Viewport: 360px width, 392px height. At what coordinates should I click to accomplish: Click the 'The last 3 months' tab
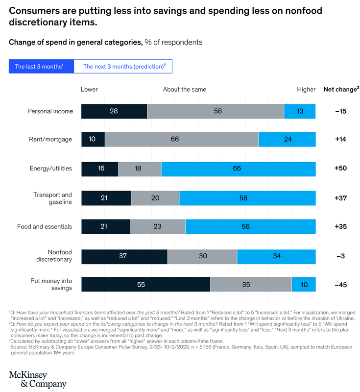(41, 66)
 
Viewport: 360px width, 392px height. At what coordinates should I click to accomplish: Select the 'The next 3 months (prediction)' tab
(123, 66)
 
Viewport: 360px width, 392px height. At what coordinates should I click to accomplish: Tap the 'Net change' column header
(341, 89)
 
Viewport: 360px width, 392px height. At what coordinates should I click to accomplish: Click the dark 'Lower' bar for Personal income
(114, 111)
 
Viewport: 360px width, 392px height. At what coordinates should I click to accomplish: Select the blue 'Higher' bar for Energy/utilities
(238, 168)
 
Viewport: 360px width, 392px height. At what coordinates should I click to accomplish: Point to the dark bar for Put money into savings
(145, 284)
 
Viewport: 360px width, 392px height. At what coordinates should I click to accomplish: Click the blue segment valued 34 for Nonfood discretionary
(276, 255)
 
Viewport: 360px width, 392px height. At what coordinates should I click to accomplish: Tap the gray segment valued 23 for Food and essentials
(158, 226)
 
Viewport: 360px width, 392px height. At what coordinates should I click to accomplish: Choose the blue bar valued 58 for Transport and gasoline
(247, 197)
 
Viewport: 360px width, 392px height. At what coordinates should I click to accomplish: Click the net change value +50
(341, 168)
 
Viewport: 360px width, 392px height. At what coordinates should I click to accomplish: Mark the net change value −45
(341, 284)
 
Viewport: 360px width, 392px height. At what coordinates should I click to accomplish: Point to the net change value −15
(341, 111)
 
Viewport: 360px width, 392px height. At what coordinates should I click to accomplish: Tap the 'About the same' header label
(185, 89)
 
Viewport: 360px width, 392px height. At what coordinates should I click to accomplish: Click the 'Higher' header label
(306, 89)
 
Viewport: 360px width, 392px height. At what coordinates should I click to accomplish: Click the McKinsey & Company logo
(37, 380)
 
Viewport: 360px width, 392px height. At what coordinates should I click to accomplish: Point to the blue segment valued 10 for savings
(304, 284)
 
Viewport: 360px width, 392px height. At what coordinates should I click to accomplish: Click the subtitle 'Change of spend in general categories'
(75, 42)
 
